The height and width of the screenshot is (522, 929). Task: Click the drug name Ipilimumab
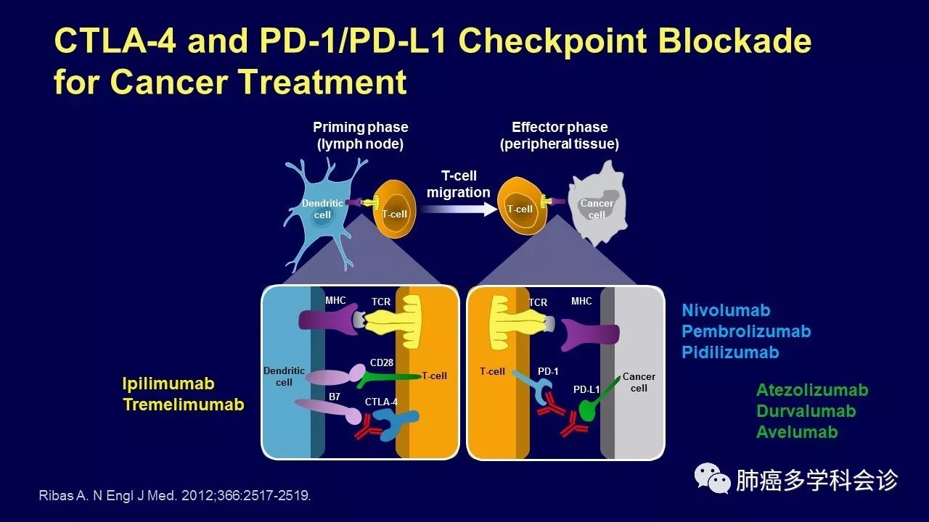(x=168, y=384)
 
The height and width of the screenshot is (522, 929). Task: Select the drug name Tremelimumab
(x=184, y=405)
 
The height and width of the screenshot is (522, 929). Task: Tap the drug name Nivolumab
(x=726, y=310)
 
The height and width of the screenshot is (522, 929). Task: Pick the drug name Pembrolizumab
(x=746, y=331)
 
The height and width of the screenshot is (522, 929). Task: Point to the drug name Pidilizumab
(x=730, y=352)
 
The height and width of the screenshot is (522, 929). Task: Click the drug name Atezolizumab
(x=812, y=390)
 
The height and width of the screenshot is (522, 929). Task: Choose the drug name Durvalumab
(x=806, y=411)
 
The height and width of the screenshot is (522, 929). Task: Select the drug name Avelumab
(x=797, y=432)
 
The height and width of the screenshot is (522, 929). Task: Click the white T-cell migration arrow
(x=458, y=210)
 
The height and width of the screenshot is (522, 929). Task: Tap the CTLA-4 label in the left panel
(x=381, y=400)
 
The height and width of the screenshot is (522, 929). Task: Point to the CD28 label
(x=381, y=362)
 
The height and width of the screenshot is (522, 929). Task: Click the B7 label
(x=335, y=397)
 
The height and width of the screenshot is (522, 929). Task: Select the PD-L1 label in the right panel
(x=586, y=389)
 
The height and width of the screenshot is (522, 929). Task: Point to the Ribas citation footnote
(x=174, y=496)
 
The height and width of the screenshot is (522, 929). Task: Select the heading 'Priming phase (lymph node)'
(x=360, y=136)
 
